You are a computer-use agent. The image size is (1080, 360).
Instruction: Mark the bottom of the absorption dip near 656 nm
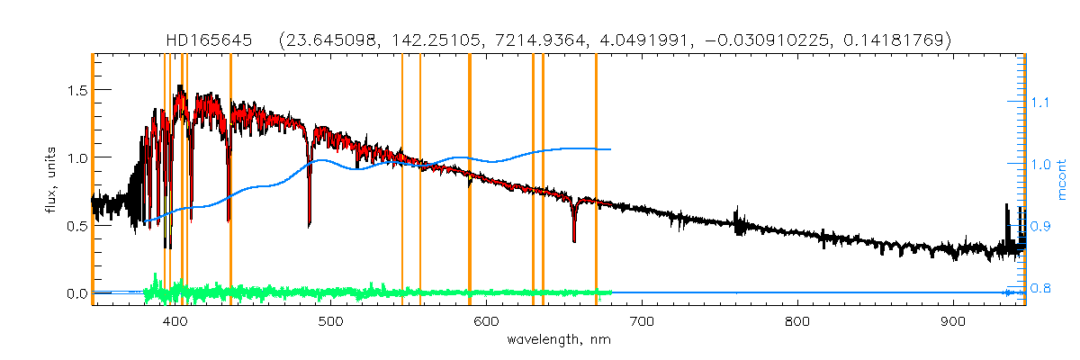point(574,241)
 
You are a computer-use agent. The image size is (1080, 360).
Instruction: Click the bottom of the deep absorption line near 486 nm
point(310,224)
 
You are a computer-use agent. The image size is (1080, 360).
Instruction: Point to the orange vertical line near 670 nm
point(596,180)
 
